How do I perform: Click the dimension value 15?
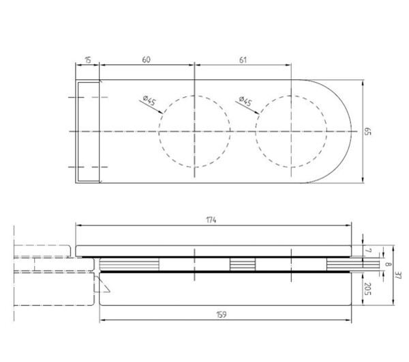point(88,60)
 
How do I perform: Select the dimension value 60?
point(146,60)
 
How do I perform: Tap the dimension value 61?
point(243,60)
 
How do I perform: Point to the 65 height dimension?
point(367,131)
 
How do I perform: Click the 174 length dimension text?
point(211,221)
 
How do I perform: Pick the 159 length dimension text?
point(222,315)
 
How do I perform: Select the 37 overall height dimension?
point(398,275)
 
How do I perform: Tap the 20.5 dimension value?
point(367,288)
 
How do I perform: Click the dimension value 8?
point(389,264)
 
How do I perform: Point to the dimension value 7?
point(368,251)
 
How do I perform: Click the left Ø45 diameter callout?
point(149,100)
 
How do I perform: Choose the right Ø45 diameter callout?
point(245,101)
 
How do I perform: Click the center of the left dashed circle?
point(194,131)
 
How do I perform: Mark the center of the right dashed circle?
point(291,131)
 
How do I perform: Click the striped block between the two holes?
point(243,264)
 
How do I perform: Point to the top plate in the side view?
point(213,251)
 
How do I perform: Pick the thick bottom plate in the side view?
point(226,289)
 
